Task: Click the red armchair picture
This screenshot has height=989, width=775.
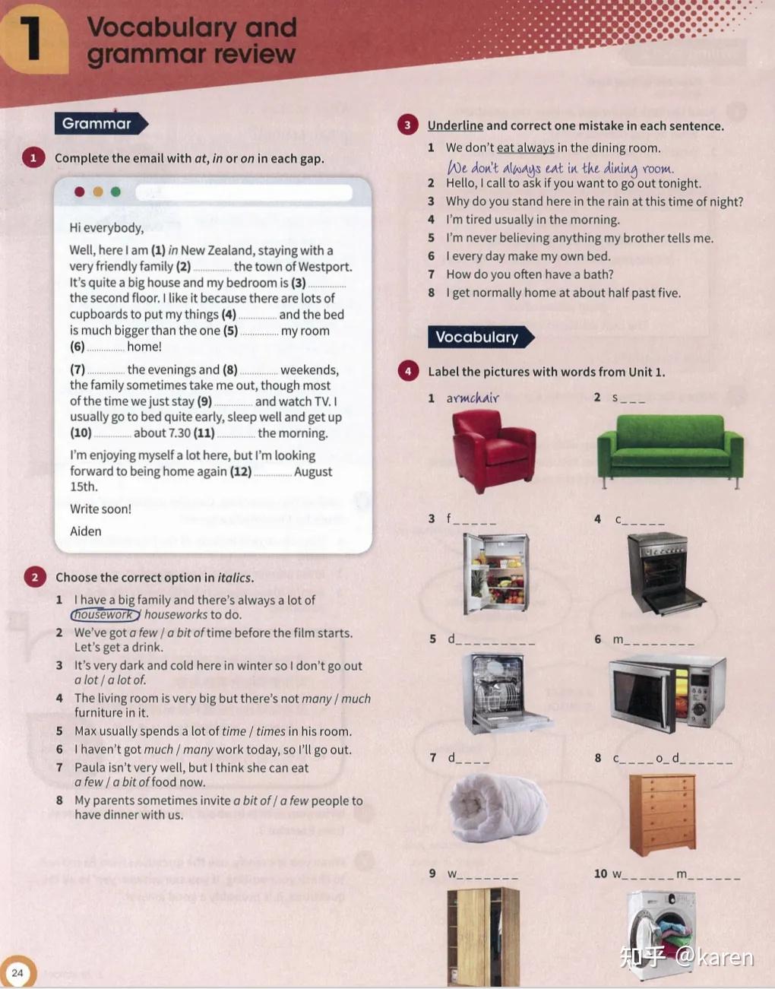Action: click(x=493, y=452)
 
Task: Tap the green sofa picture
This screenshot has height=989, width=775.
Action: click(x=670, y=451)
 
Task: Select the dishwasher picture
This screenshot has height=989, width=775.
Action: click(x=505, y=693)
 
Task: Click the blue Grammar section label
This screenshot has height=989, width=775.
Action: click(x=101, y=123)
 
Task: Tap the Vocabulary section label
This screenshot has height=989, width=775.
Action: click(x=481, y=338)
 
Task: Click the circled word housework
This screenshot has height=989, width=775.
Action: click(x=105, y=615)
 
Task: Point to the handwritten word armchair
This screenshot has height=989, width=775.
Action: click(x=473, y=398)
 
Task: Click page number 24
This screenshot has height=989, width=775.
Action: click(x=17, y=973)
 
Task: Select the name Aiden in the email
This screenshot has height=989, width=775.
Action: click(x=86, y=531)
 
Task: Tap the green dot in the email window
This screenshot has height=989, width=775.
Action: click(x=115, y=192)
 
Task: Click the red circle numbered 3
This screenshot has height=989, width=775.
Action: click(x=407, y=125)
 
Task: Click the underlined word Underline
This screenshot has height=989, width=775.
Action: click(x=455, y=125)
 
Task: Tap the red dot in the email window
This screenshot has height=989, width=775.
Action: click(x=80, y=192)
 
